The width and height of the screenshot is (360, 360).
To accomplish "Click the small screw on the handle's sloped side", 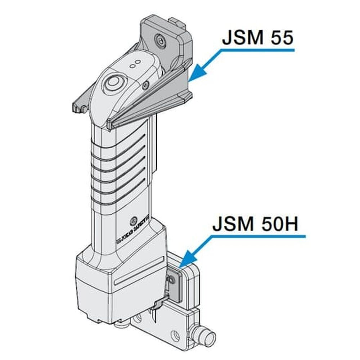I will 145,85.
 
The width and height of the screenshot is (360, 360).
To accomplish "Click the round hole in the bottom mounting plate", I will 175,335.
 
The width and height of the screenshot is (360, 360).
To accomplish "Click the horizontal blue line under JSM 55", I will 252,49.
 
